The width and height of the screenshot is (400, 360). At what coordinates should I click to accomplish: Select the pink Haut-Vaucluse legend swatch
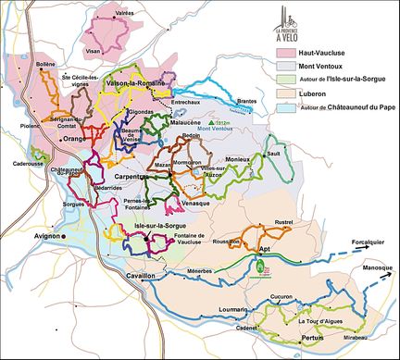point(290,54)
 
